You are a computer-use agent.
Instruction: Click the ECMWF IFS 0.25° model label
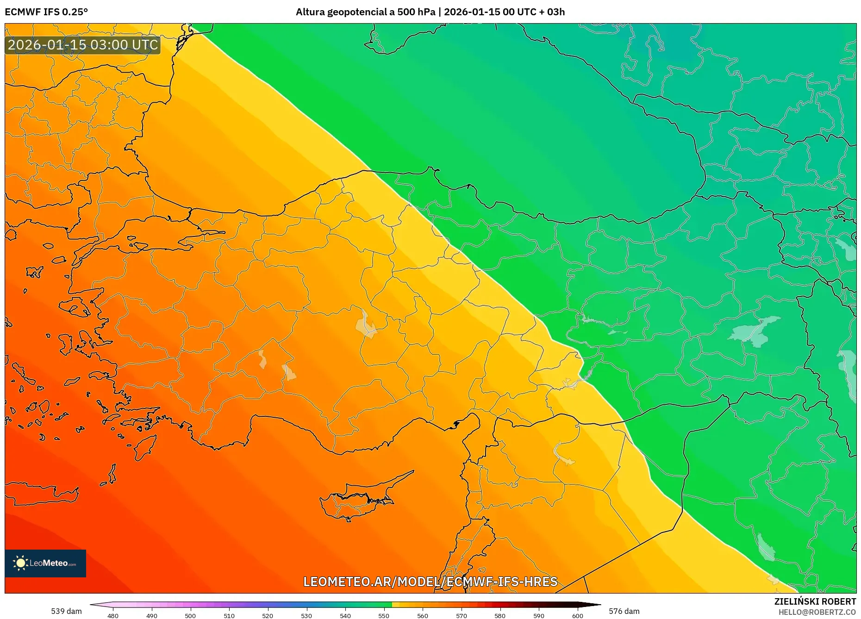tap(46, 12)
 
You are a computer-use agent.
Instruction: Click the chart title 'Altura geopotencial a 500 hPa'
tap(365, 12)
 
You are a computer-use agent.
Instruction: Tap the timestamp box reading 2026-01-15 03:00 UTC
tap(83, 45)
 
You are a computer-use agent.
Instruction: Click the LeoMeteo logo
tap(45, 563)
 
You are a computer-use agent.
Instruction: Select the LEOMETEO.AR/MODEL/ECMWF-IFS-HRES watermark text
tap(430, 582)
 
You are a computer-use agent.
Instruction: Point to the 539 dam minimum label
tap(66, 611)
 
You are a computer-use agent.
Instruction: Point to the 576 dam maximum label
tap(624, 611)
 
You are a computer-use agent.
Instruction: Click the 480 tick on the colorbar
tap(113, 616)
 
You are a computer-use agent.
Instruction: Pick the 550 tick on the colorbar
tap(384, 616)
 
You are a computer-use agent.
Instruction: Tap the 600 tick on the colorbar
tap(577, 616)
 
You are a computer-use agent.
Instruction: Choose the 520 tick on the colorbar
tap(268, 616)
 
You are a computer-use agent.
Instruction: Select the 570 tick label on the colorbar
tap(461, 616)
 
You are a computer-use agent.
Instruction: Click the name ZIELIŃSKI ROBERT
tap(815, 601)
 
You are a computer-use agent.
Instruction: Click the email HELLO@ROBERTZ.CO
tap(817, 612)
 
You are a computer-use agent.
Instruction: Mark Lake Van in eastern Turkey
tap(755, 331)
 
